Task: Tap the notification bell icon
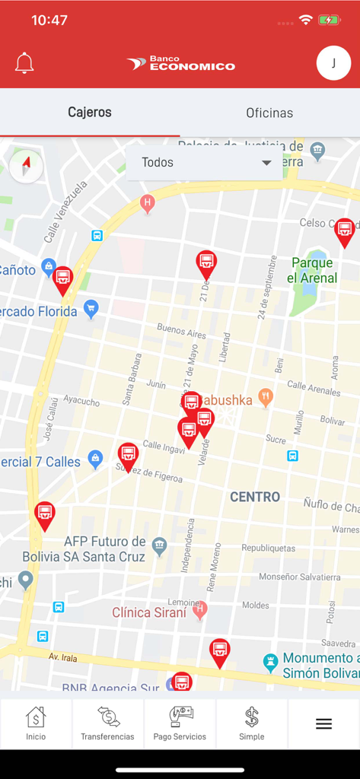(x=24, y=63)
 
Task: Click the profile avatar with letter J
(x=333, y=63)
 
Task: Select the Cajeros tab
(x=90, y=113)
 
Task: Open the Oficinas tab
(x=269, y=113)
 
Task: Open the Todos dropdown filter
(x=204, y=163)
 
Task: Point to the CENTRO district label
(x=255, y=497)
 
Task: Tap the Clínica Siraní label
(x=149, y=612)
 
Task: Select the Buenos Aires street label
(x=181, y=332)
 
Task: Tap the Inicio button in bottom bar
(x=36, y=723)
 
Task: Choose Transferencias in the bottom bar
(x=107, y=723)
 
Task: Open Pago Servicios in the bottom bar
(x=180, y=723)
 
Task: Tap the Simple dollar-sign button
(x=252, y=723)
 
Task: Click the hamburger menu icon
(x=323, y=723)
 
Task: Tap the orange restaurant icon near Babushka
(x=265, y=396)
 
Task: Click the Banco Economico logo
(x=181, y=64)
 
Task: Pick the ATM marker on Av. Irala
(x=219, y=652)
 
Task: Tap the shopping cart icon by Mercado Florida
(x=91, y=309)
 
